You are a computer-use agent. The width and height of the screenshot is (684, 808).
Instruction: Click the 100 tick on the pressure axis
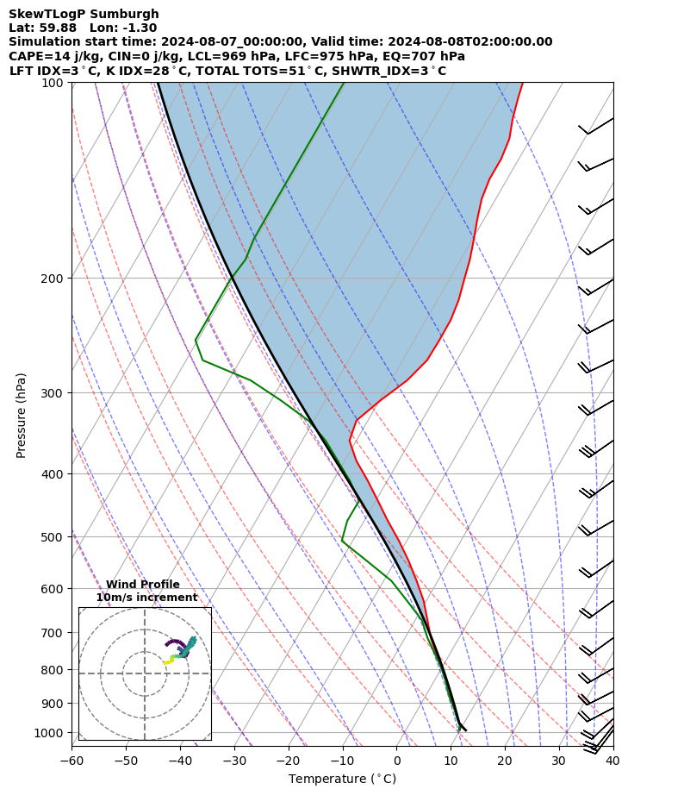53,83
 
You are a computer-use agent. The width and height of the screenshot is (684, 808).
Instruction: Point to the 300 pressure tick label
53,393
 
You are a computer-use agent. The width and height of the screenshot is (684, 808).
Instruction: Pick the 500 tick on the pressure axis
53,537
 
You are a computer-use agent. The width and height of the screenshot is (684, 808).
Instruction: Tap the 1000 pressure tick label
50,733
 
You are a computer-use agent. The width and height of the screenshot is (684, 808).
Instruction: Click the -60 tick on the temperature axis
72,761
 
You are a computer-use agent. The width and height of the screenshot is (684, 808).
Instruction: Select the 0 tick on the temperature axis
397,761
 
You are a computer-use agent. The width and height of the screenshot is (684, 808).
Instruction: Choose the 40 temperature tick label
612,761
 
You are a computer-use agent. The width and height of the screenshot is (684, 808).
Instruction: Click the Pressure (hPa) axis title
22,415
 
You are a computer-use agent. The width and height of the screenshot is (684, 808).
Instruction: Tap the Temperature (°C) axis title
342,779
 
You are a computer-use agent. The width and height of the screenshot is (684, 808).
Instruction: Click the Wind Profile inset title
143,585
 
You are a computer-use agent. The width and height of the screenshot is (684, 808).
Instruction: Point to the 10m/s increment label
146,598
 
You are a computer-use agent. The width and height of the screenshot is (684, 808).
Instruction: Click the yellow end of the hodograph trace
165,663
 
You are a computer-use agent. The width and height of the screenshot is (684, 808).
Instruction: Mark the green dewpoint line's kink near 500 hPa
342,542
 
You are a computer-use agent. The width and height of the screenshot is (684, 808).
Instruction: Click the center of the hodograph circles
145,673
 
